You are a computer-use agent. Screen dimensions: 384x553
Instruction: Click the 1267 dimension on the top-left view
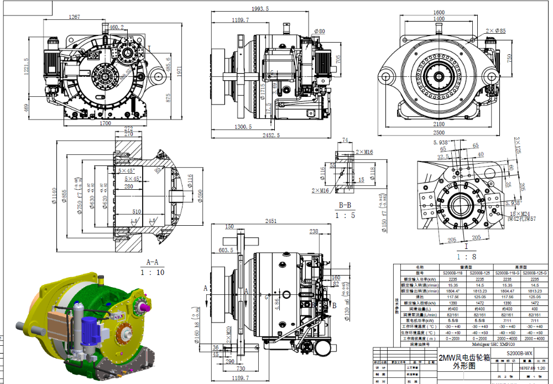tap(74, 17)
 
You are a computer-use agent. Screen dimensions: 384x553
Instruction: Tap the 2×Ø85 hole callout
tap(495, 31)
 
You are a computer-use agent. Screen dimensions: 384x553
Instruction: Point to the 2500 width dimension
tap(439, 133)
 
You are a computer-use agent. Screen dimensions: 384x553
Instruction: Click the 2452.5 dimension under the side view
tap(270, 135)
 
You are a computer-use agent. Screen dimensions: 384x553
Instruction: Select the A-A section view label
tap(152, 262)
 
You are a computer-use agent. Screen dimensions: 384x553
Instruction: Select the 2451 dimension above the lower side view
tap(270, 221)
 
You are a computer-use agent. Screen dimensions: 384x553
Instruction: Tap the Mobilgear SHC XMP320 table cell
tap(468, 344)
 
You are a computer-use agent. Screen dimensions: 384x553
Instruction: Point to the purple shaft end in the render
tap(145, 305)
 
